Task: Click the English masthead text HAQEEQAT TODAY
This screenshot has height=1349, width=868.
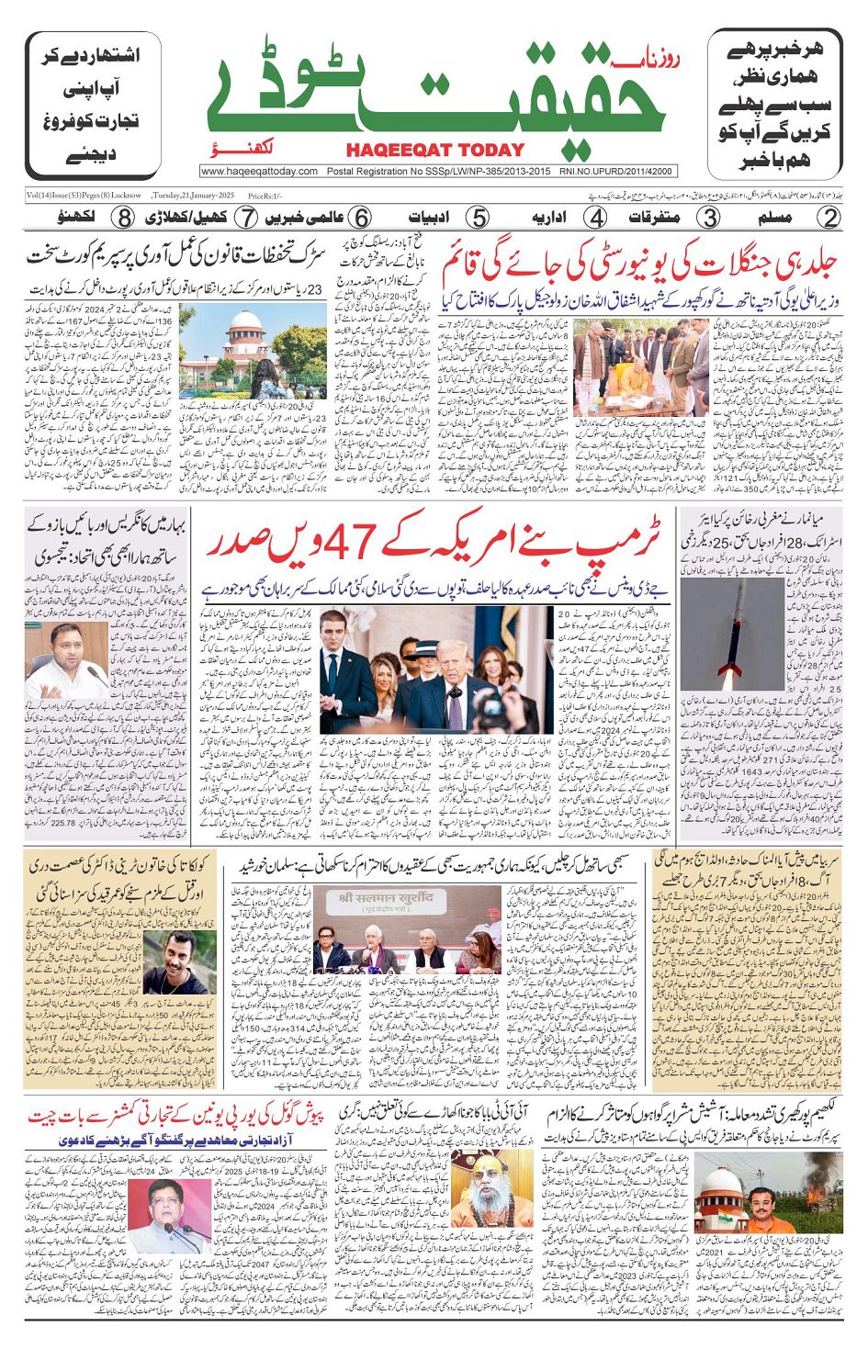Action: [435, 150]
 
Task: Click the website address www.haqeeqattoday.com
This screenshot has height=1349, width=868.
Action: [259, 171]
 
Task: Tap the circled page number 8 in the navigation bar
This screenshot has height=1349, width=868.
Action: [123, 218]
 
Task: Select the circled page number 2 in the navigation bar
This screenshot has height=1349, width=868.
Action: [829, 218]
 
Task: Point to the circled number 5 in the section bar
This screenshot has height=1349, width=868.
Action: [478, 218]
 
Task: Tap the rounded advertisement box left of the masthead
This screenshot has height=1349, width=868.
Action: [93, 106]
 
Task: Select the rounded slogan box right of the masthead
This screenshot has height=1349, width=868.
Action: [775, 106]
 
